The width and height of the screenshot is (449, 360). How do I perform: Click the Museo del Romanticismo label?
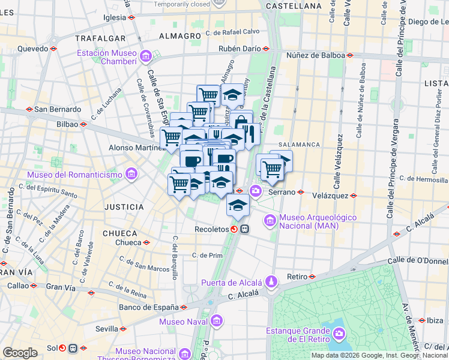click(74, 176)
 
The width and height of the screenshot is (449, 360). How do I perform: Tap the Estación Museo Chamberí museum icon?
click(145, 57)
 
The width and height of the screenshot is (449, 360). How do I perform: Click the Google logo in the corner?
click(20, 353)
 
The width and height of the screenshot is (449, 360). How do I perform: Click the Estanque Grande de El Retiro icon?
click(339, 332)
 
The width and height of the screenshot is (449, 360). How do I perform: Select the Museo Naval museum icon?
click(217, 320)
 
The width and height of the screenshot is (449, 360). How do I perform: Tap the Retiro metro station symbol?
click(312, 277)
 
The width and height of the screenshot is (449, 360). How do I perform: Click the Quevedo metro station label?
click(32, 49)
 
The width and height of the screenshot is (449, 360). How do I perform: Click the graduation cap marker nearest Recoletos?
click(238, 205)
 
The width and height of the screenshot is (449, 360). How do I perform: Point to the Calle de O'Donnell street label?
click(418, 261)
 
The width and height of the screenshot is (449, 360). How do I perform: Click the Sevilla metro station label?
click(106, 329)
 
